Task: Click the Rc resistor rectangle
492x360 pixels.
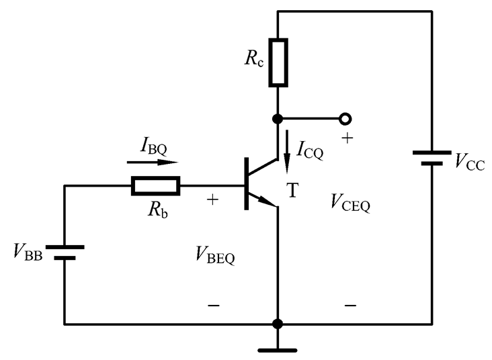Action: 278,62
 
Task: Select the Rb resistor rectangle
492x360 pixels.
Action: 156,186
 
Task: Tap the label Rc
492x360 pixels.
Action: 254,58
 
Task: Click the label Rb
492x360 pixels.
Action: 157,210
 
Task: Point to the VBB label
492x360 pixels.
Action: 28,252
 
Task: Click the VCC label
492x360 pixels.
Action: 470,161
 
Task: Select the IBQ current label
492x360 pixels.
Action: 154,146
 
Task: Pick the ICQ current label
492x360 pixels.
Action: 310,150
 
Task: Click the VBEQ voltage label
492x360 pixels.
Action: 215,255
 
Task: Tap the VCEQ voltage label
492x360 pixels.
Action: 350,203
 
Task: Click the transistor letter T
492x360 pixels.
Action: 292,190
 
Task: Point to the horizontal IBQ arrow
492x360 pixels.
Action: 153,162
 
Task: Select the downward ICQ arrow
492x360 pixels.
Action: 286,152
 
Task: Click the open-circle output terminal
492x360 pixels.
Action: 345,119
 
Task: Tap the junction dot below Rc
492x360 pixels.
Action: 278,119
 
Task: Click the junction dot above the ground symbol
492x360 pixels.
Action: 278,324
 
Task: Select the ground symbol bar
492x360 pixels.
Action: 278,351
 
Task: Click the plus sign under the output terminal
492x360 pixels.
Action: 347,138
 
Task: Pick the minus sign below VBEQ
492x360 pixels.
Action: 214,305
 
